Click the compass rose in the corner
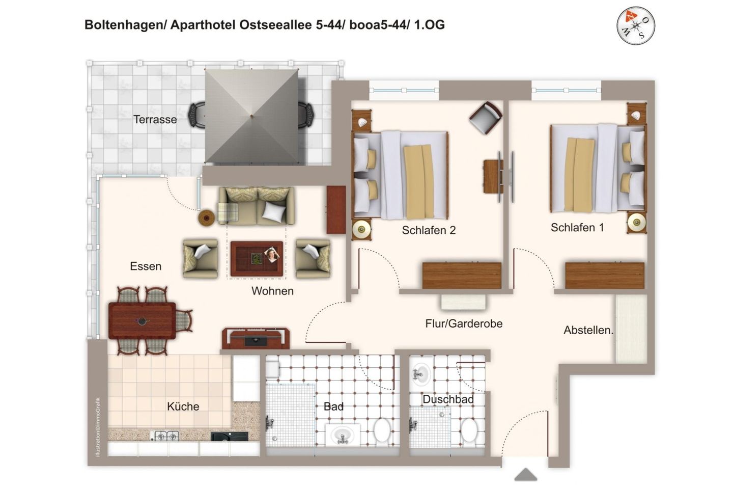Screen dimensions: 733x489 tap(635, 25)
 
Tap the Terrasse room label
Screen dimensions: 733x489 tap(155, 120)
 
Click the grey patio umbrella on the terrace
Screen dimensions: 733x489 tap(251, 116)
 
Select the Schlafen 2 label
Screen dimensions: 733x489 tap(429, 230)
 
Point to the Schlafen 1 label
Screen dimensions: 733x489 tap(577, 228)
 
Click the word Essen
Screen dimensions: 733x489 tap(146, 266)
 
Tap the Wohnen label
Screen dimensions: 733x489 tap(272, 291)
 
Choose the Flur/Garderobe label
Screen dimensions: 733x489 tap(464, 324)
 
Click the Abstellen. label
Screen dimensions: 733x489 tap(588, 330)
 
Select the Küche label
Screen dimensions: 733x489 tap(183, 406)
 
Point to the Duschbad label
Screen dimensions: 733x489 tap(448, 400)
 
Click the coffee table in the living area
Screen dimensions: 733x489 tap(257, 259)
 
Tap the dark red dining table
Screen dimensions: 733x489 tap(142, 321)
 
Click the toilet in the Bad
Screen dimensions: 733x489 tap(382, 430)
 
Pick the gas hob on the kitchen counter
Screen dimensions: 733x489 tap(166, 436)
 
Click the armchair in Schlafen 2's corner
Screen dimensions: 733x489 tap(486, 118)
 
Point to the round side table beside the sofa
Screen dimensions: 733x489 tap(207, 218)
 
